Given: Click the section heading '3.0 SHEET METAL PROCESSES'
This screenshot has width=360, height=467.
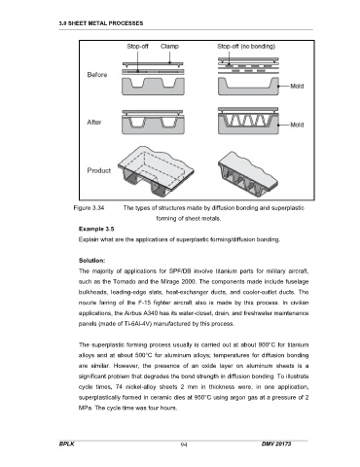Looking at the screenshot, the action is click(x=101, y=23).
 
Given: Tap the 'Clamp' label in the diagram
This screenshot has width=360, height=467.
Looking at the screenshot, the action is click(x=169, y=47).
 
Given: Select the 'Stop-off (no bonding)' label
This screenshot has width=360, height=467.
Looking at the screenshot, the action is click(x=246, y=47).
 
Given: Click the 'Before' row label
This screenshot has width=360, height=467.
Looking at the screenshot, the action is click(x=97, y=75).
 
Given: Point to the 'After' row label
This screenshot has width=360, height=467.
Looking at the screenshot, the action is click(x=94, y=123).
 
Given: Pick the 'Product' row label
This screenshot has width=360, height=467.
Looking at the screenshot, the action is click(x=99, y=170).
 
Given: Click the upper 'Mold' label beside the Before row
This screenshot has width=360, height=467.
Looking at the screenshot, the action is click(x=297, y=86).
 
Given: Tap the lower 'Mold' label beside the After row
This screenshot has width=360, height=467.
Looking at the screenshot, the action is click(x=297, y=125).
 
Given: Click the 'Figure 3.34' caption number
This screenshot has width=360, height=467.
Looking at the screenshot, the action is click(x=89, y=208).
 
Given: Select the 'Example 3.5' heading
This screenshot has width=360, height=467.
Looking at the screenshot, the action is click(x=96, y=229).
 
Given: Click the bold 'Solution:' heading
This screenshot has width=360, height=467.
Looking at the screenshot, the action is click(x=91, y=261).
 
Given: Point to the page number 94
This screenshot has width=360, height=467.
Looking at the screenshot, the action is click(x=184, y=445).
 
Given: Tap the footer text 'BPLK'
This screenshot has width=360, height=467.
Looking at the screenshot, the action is click(x=67, y=444).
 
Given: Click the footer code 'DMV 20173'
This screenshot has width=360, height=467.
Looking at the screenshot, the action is click(x=276, y=444).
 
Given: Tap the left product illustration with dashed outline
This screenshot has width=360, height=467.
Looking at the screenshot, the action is click(x=156, y=171).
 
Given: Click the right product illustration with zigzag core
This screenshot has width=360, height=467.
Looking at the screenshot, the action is click(x=248, y=174).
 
